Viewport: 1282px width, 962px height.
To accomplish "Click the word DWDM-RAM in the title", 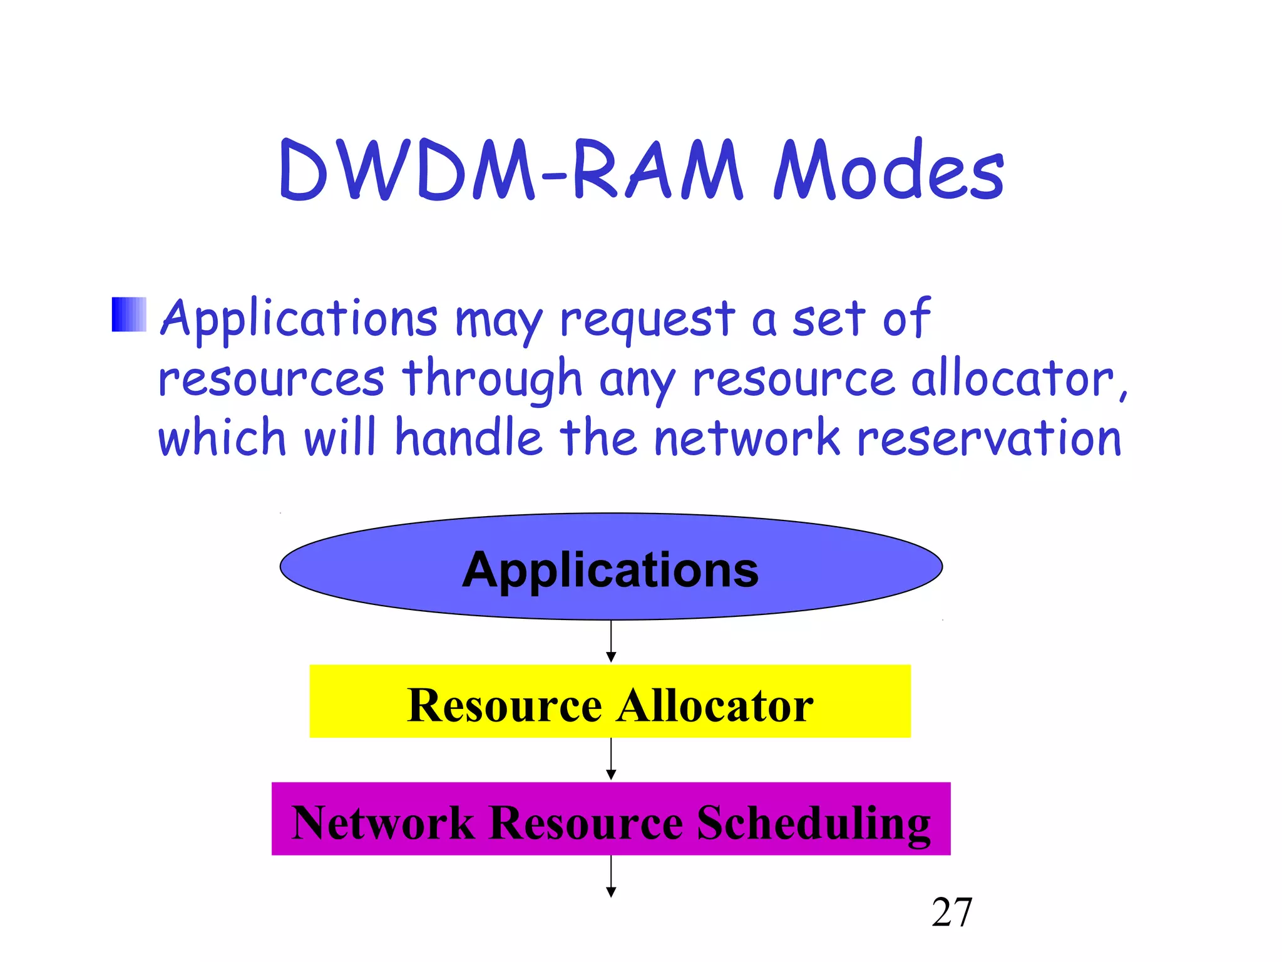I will pos(510,171).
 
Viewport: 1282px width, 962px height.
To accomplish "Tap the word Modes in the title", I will pos(889,171).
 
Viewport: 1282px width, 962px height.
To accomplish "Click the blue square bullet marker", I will pos(129,314).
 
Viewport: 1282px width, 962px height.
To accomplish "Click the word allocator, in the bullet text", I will pos(1019,380).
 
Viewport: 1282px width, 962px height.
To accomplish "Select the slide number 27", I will pos(951,913).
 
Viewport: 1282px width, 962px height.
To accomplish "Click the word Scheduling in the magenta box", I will pos(814,822).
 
